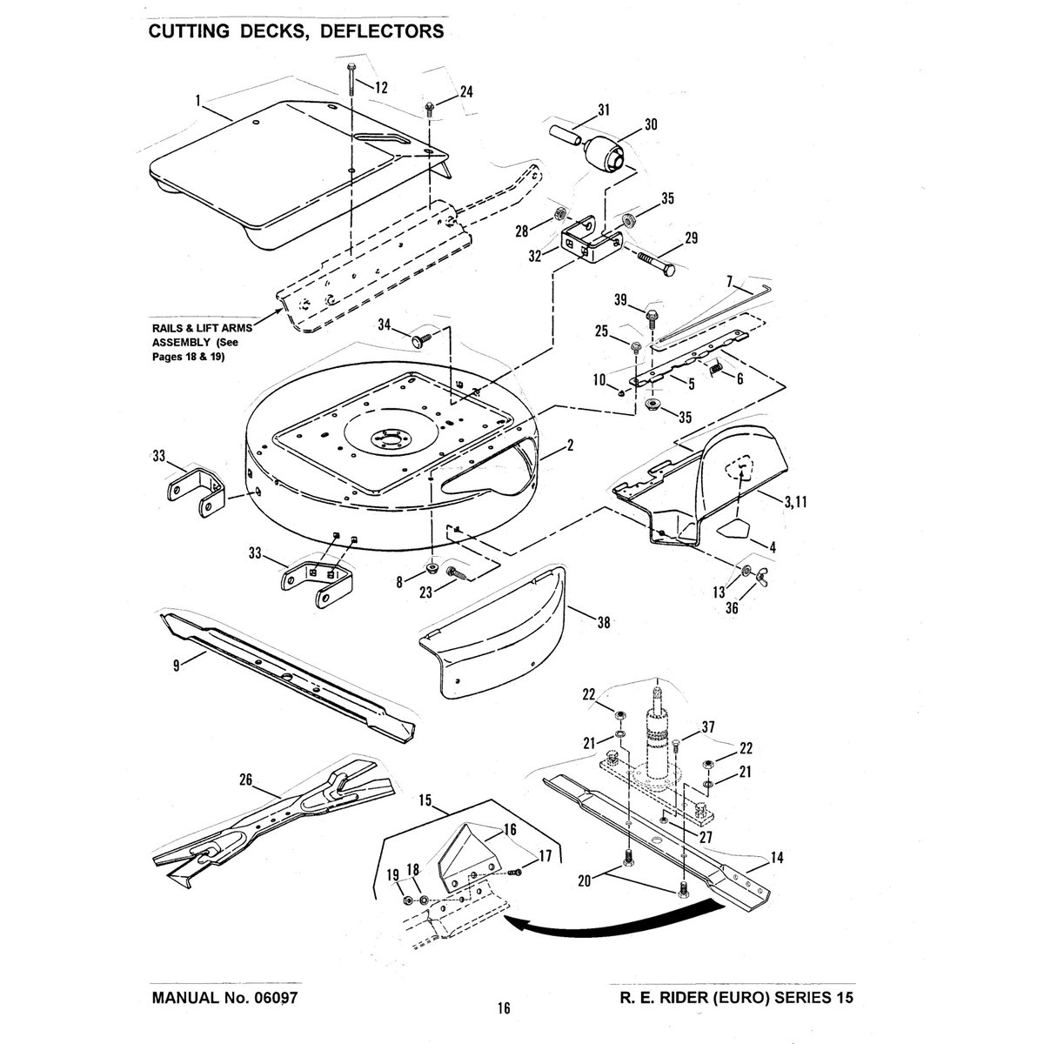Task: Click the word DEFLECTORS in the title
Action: coord(382,31)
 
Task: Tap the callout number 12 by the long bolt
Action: coord(381,88)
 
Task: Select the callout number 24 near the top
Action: coord(466,92)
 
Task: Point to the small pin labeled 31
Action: coord(566,137)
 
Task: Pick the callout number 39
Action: coord(620,299)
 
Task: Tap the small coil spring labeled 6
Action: coord(717,367)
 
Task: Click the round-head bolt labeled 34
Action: coord(421,339)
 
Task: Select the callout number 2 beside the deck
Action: coord(570,445)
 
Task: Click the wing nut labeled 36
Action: coord(762,575)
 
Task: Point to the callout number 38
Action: coord(603,623)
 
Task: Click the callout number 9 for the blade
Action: coord(177,666)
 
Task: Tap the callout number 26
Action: coord(246,780)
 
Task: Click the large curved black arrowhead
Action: coord(518,926)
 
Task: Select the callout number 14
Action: coord(777,858)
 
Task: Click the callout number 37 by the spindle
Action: coord(708,727)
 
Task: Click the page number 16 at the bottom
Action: coord(504,1007)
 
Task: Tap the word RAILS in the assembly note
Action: coord(167,328)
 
